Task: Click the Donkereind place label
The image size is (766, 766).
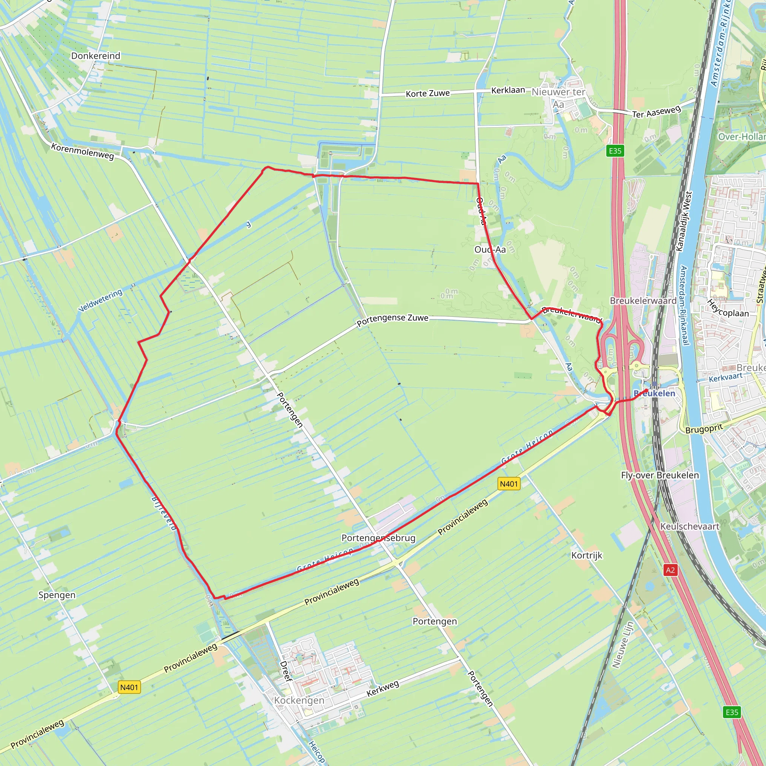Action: coord(95,56)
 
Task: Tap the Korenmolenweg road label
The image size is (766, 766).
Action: coord(82,151)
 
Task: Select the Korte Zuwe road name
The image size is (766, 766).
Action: coord(428,94)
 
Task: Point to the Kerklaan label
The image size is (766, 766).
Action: coord(508,91)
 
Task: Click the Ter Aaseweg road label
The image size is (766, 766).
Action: coord(656,112)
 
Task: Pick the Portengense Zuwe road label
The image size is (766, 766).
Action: coord(392,319)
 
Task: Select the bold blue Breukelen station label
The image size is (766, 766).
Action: coord(654,393)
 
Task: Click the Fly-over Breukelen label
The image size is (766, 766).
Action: coord(660,475)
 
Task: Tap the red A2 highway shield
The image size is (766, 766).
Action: coord(670,570)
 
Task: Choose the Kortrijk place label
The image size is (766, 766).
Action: coord(586,555)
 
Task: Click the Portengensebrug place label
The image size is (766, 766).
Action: coord(378,538)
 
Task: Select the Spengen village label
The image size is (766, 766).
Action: coord(57,595)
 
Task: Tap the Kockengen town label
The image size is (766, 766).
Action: coord(299,701)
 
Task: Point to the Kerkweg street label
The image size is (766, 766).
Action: coord(383,689)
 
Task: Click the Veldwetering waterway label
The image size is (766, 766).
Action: coord(100,300)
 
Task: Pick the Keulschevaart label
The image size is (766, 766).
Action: coord(689,527)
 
